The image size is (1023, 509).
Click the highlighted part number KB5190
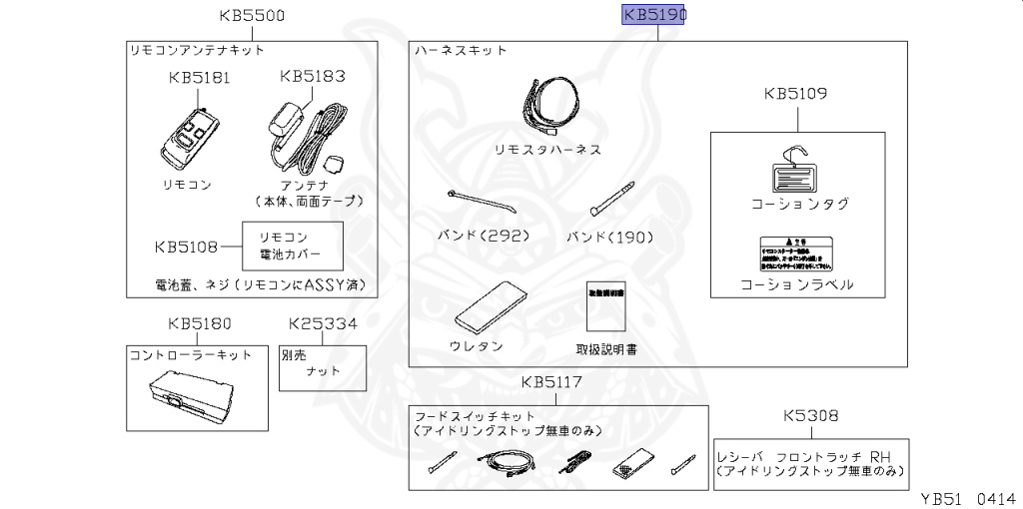click(x=655, y=15)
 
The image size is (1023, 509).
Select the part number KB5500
click(x=252, y=15)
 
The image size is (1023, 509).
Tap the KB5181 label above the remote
click(x=199, y=77)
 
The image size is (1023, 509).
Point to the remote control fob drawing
click(x=189, y=138)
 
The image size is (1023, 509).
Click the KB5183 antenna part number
click(x=313, y=76)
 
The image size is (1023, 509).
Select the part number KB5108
click(x=187, y=246)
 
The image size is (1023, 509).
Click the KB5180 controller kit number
click(x=200, y=323)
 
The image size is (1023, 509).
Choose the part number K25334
click(x=322, y=323)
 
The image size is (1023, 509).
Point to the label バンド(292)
click(x=484, y=237)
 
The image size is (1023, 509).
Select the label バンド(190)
click(x=608, y=237)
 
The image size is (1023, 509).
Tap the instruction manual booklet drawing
click(x=605, y=305)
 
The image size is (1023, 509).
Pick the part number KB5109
click(x=795, y=95)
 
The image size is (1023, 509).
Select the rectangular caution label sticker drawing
click(x=796, y=254)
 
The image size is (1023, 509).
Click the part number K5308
click(x=810, y=415)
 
